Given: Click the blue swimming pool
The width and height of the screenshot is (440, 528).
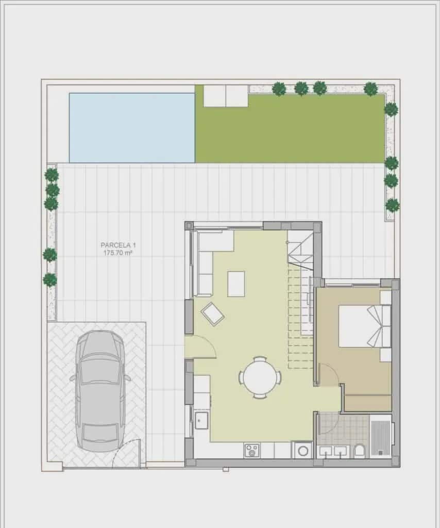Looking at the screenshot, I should (x=132, y=128).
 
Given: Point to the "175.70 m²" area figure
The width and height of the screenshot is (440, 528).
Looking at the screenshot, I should (x=119, y=253).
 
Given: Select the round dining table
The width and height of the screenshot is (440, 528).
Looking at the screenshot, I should (x=260, y=377).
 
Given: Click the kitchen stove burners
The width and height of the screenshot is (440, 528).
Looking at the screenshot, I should (x=252, y=450).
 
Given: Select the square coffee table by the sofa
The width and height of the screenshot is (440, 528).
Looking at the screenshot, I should (x=236, y=284).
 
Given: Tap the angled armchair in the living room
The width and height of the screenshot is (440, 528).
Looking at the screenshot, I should (x=213, y=314).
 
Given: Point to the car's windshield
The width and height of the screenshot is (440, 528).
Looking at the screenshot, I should (x=100, y=370).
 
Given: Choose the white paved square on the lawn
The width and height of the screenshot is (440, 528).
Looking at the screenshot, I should (x=226, y=96).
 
